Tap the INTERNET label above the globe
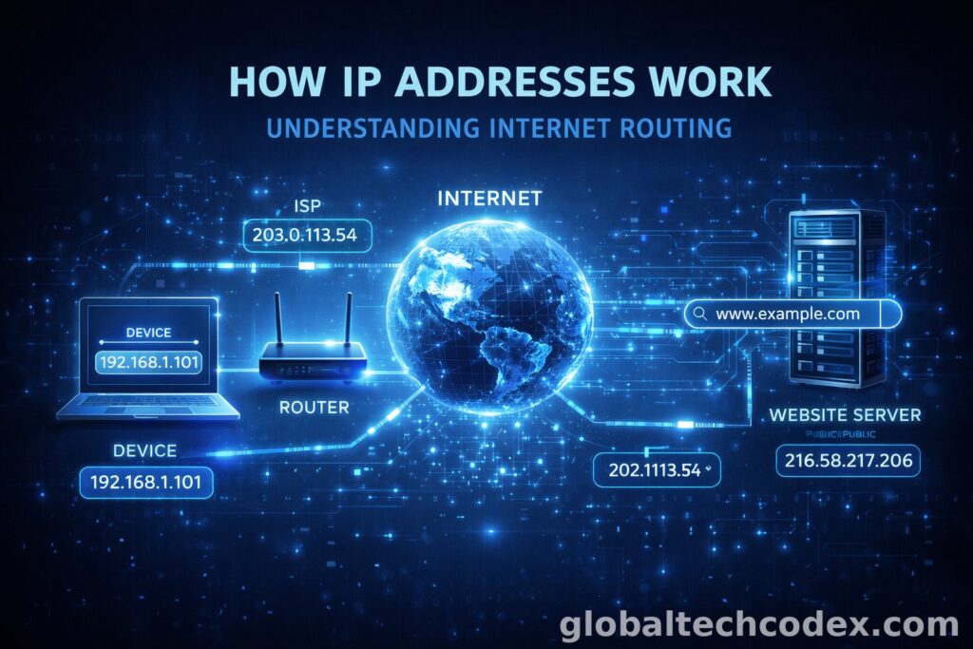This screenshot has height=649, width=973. click(488, 199)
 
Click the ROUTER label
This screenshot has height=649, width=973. click(314, 408)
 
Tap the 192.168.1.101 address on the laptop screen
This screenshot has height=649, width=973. click(147, 362)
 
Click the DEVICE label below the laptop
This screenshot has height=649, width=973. click(144, 449)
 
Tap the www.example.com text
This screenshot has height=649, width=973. click(788, 314)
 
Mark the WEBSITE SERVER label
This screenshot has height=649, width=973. click(844, 415)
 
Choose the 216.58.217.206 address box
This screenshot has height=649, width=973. click(848, 461)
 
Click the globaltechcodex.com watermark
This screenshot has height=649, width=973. click(757, 624)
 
